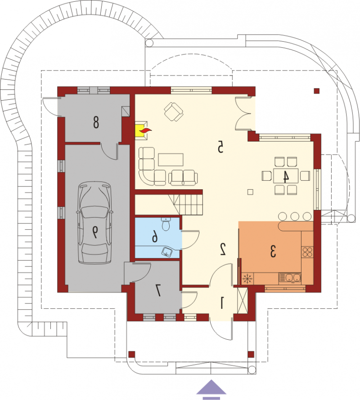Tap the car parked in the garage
pos(95,222)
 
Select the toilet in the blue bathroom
pos(166,224)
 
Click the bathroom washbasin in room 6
pos(167,251)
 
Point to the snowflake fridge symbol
pos(247,278)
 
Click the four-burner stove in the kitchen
pos(307,252)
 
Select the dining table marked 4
pos(286,176)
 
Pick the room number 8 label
pos(96,122)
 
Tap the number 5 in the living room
pos(220,147)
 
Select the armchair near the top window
pos(174,112)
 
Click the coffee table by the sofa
pos(171,160)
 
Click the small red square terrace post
pos(317,91)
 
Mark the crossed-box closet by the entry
pos(243,301)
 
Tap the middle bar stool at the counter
pos(295,216)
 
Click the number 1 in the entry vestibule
pos(222,303)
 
